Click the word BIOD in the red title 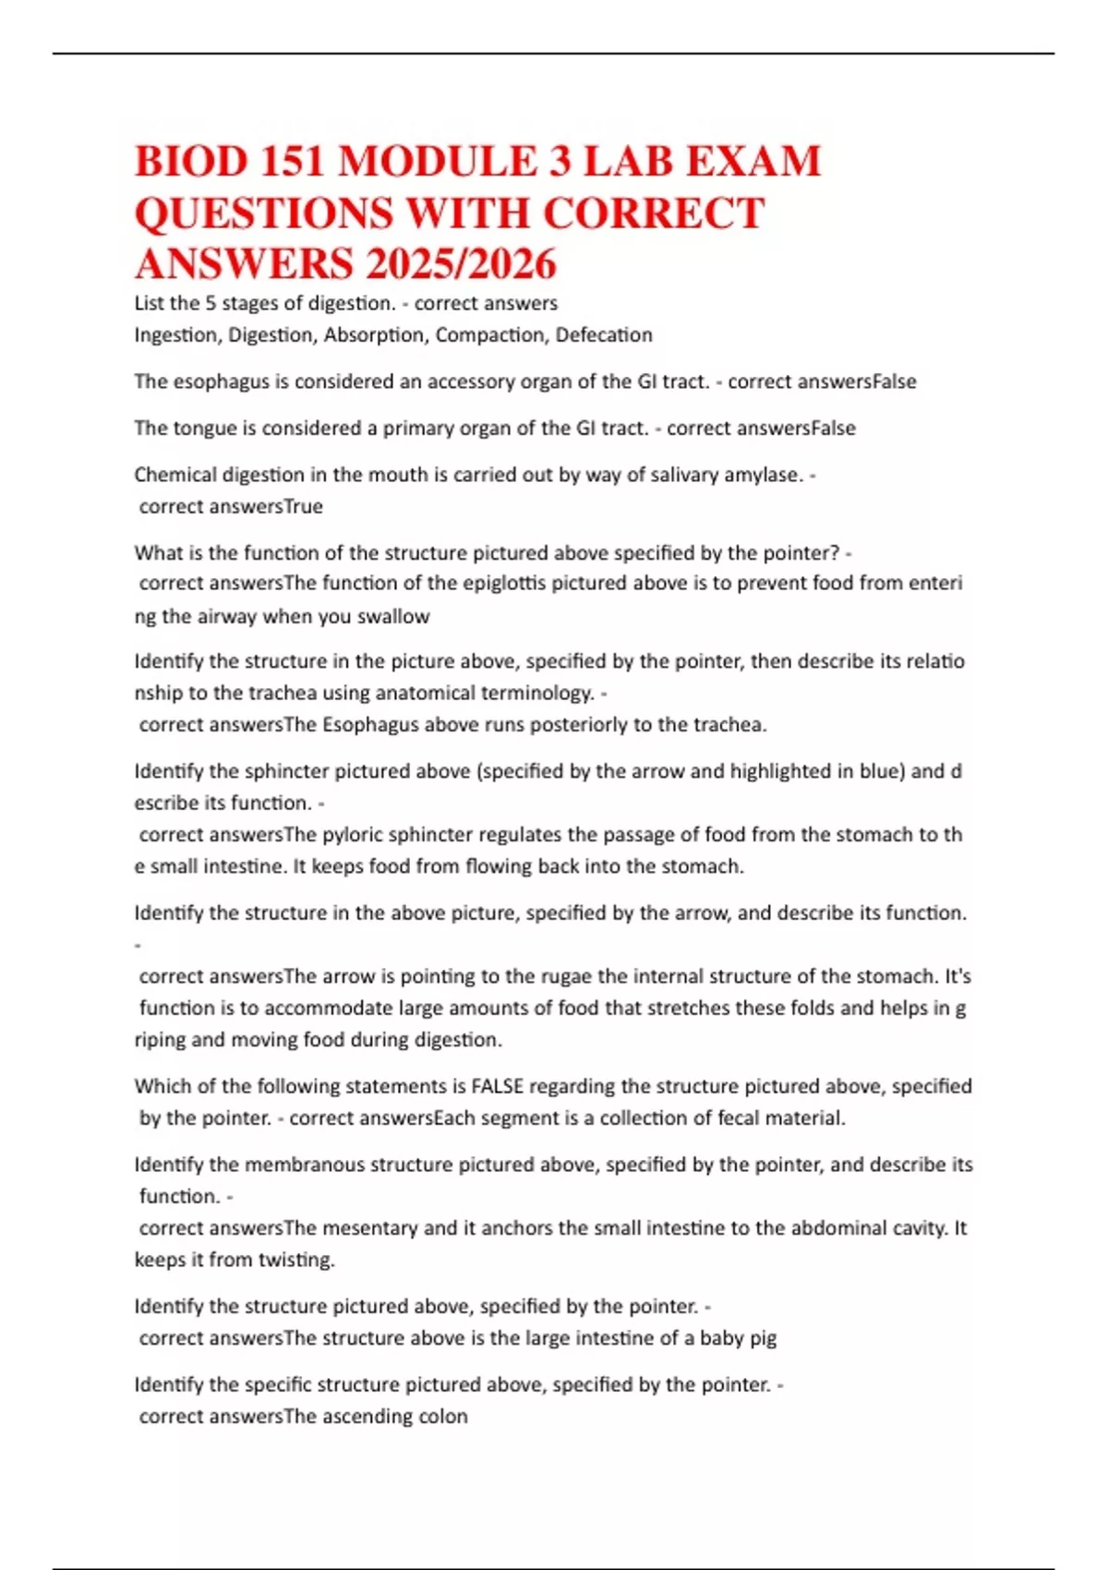pos(191,162)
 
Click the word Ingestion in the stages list pos(175,335)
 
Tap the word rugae pos(570,977)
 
